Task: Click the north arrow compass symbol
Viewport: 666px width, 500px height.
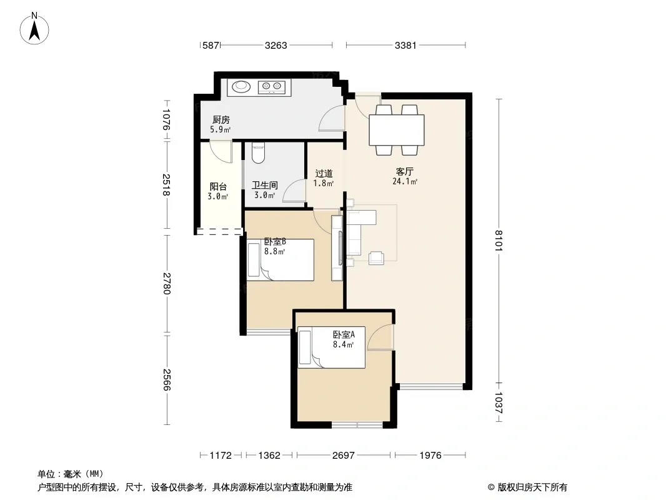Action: point(34,29)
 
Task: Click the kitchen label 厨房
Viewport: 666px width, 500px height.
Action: point(221,120)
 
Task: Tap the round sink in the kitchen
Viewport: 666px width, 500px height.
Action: point(241,87)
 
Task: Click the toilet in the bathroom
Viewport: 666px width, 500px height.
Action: point(258,153)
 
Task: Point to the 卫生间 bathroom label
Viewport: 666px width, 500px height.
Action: point(265,185)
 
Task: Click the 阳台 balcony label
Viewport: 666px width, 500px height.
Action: point(218,186)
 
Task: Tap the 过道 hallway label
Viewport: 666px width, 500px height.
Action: point(324,173)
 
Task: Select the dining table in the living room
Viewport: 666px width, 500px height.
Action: point(397,129)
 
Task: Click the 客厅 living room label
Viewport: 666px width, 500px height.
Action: point(404,171)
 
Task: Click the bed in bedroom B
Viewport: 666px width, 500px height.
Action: point(281,260)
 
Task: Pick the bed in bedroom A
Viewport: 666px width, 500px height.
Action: point(331,347)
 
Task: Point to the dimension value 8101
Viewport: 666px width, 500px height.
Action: point(498,241)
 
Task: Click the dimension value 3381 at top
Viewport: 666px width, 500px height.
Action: point(405,45)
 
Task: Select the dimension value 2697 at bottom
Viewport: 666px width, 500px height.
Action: point(343,456)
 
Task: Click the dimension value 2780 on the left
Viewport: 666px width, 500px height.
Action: point(166,283)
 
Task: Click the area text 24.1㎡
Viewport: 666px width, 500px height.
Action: point(405,182)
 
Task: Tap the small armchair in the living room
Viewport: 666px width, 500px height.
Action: point(376,258)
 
